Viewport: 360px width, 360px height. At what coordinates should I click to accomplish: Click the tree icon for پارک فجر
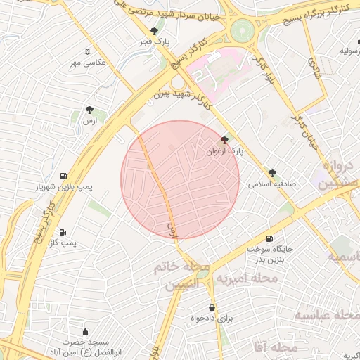[155, 31]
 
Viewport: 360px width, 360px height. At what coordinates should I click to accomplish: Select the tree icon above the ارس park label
[89, 110]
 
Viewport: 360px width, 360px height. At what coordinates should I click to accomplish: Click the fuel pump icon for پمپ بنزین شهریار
[63, 176]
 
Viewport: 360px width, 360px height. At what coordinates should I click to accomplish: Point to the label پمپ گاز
[63, 243]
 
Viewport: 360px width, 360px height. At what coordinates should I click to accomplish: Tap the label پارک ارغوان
[224, 151]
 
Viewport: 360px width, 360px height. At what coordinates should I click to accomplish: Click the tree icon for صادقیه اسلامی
[272, 173]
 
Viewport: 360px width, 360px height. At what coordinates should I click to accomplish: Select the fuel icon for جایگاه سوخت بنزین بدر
[269, 238]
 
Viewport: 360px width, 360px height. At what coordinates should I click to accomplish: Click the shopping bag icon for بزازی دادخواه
[212, 307]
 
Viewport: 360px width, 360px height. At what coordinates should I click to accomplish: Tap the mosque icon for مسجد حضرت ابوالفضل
[86, 332]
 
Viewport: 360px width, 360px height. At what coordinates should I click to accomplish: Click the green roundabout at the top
[242, 30]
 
